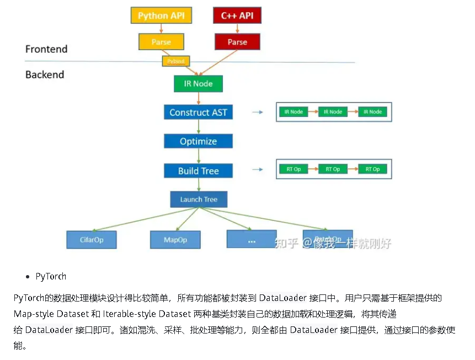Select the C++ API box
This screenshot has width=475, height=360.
click(x=237, y=15)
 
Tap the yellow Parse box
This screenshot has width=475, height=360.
click(x=161, y=42)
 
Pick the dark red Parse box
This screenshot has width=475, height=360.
click(x=237, y=42)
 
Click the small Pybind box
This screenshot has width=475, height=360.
click(x=176, y=61)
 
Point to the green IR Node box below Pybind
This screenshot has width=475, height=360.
click(x=198, y=84)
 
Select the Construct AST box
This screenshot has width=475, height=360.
click(x=198, y=112)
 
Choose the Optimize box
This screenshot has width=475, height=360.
click(x=198, y=141)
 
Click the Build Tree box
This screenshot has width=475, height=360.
click(x=198, y=171)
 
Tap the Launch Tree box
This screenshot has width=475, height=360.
click(x=198, y=200)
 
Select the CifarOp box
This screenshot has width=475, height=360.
click(x=92, y=240)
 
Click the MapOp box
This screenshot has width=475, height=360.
click(x=175, y=240)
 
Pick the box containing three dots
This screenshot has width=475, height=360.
click(x=252, y=240)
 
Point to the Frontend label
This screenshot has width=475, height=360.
click(x=46, y=49)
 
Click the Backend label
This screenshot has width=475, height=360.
click(x=45, y=74)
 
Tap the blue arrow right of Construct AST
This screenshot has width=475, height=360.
click(x=257, y=112)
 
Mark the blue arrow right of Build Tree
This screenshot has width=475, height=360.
click(x=257, y=169)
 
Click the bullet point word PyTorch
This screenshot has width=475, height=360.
click(x=51, y=276)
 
